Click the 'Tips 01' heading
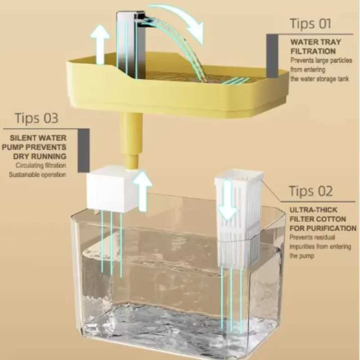pos(310,23)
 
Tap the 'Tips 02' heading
pos(311,191)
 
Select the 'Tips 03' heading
pos(36,118)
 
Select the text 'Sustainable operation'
pos(37,174)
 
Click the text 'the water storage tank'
pos(319,78)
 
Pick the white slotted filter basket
pos(238,216)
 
